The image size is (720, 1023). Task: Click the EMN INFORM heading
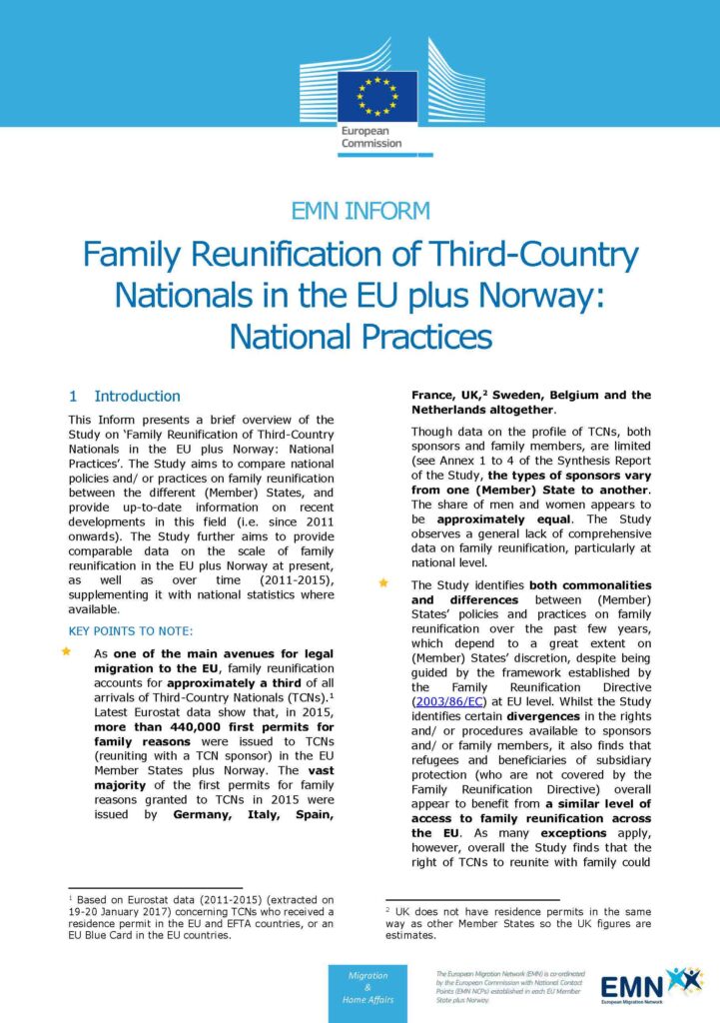coord(360,211)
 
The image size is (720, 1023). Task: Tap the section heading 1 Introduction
coord(125,397)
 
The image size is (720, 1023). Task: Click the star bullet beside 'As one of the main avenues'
coord(67,651)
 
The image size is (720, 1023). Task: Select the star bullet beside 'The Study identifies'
coord(383,582)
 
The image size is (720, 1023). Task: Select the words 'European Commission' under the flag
coord(370,137)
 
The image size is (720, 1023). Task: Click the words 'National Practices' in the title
coord(360,337)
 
